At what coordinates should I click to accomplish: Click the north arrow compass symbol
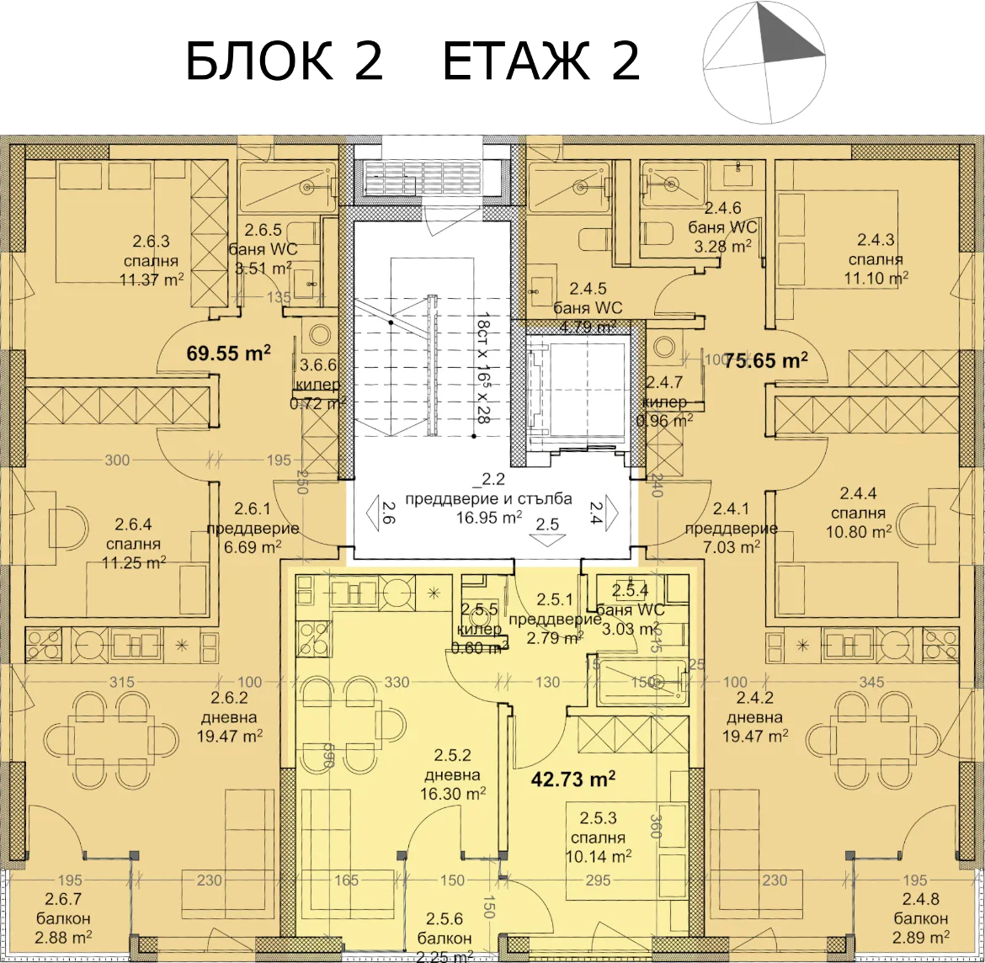(764, 62)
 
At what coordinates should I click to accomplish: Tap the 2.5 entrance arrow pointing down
(547, 538)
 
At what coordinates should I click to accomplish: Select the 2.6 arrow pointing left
(374, 513)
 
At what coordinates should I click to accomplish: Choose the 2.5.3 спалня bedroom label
(598, 838)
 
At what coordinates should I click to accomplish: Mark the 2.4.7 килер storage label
(664, 402)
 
